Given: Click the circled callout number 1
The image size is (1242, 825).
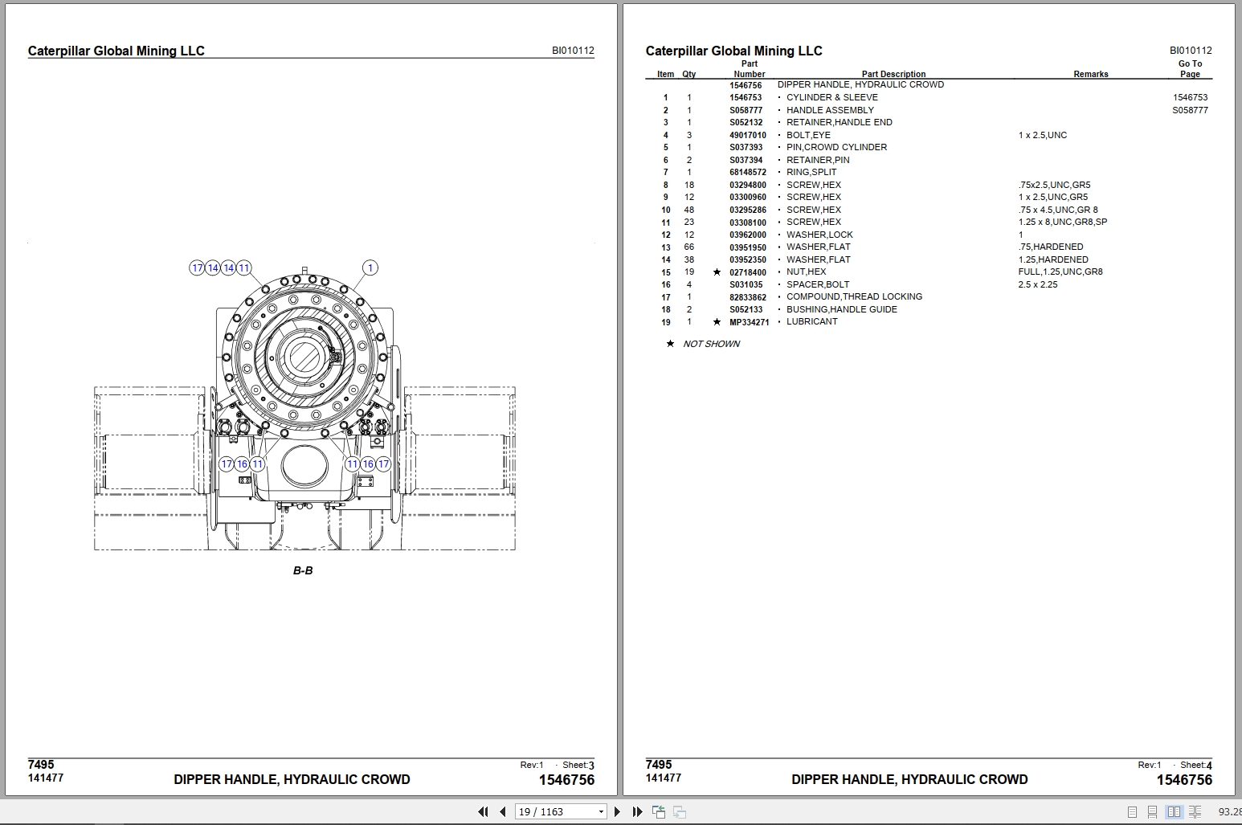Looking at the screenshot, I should point(370,268).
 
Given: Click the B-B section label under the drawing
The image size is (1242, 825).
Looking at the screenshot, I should point(303,570).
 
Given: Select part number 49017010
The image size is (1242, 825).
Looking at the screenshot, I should point(747,135).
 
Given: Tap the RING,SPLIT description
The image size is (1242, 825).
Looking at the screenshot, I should point(811,172).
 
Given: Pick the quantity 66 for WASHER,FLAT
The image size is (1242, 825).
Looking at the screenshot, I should point(688,247).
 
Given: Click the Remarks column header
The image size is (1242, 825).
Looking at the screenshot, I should point(1090,74).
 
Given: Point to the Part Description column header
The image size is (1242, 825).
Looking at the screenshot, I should point(893,74).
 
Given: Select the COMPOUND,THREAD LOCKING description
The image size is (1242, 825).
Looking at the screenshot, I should point(854,296).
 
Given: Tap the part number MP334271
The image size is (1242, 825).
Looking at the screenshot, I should point(749,322).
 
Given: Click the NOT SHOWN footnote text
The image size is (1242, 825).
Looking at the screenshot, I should point(711,344).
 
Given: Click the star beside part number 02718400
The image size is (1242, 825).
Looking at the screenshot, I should point(717,272).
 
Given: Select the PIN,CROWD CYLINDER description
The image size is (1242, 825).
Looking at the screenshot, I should point(836,147).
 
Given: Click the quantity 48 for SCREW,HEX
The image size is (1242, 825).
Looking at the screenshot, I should point(688,210).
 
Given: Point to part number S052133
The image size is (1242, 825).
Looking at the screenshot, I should point(746,309).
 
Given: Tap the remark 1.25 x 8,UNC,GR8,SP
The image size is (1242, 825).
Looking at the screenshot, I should point(1062,222).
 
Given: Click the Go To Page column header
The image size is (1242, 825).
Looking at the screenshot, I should point(1190,69).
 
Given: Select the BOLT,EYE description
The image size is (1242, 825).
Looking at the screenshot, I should point(808,135).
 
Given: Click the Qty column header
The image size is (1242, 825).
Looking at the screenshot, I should point(688,74).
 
